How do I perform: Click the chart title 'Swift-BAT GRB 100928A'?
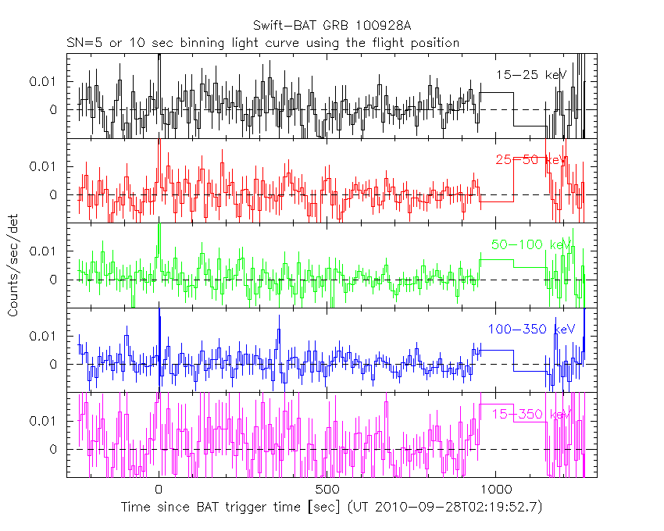pos(332,27)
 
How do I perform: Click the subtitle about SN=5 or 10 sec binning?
pos(262,42)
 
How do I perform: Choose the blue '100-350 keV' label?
pos(531,330)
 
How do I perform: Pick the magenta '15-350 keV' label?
pos(528,414)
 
